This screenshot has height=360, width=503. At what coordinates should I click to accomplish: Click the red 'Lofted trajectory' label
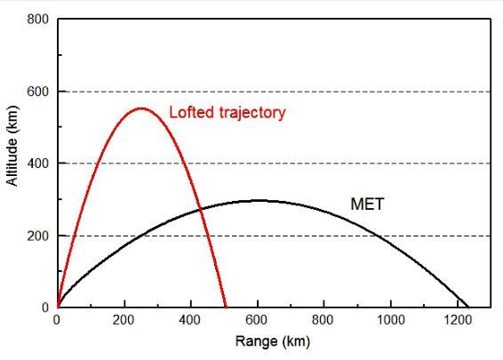[x=228, y=113]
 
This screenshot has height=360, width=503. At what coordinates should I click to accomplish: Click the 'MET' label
[x=367, y=205]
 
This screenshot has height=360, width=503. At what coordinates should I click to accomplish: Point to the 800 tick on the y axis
[x=39, y=19]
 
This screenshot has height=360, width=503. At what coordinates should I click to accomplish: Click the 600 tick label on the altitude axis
[x=39, y=92]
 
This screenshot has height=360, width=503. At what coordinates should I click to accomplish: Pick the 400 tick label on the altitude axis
[x=39, y=164]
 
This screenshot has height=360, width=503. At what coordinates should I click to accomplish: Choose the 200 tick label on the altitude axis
[x=39, y=236]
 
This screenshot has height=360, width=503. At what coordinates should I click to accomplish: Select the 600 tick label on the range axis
[x=258, y=320]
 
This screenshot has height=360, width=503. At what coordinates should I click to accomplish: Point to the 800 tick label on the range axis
[x=324, y=320]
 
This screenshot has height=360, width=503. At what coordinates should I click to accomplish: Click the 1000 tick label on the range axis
[x=391, y=320]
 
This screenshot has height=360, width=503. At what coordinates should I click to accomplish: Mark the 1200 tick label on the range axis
[x=458, y=320]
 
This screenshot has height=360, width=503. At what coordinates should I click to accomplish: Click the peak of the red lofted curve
[x=140, y=108]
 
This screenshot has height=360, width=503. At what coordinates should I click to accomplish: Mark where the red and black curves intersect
[x=200, y=210]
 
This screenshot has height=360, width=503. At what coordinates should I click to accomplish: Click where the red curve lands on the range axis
[x=226, y=307]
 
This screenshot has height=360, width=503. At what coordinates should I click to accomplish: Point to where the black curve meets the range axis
[x=468, y=307]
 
